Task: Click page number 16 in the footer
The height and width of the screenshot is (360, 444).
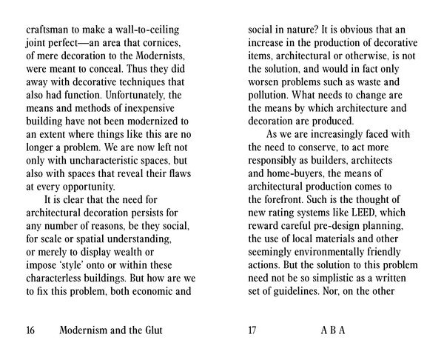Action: click(31, 330)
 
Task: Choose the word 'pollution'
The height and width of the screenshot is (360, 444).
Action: click(272, 95)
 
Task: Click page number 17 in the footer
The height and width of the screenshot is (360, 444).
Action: click(252, 330)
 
